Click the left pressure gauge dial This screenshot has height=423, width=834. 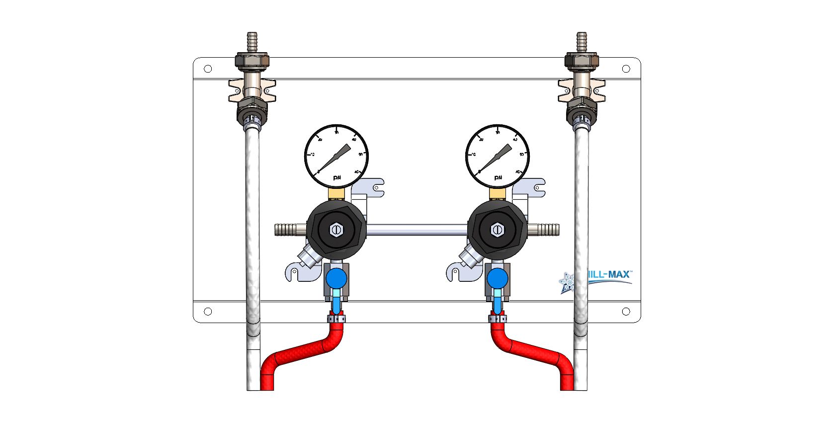(336, 156)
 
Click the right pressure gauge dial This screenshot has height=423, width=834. (498, 156)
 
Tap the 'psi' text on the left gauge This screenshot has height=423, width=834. (337, 177)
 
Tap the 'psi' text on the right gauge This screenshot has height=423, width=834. (498, 177)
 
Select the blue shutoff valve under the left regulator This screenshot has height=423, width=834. (336, 278)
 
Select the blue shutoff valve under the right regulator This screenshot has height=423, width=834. (498, 278)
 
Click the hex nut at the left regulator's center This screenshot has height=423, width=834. (336, 230)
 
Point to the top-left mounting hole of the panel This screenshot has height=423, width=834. (208, 69)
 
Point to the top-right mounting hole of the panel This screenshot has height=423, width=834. (626, 69)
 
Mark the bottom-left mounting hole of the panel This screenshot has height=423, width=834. (208, 311)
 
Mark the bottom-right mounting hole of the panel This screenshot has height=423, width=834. (626, 311)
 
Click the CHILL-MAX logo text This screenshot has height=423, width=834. (608, 274)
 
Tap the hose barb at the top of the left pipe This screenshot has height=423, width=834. (252, 42)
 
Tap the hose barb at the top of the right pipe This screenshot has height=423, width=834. (582, 42)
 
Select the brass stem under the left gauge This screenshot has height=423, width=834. (337, 193)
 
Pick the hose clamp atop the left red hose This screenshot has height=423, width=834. (336, 318)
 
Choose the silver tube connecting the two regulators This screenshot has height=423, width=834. (417, 230)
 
